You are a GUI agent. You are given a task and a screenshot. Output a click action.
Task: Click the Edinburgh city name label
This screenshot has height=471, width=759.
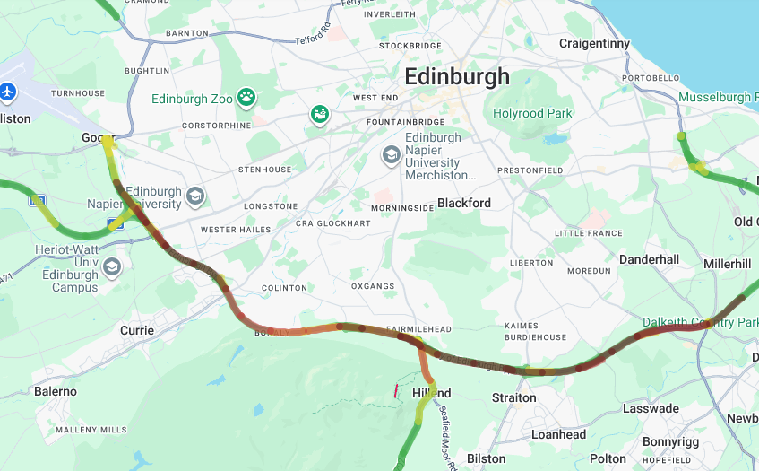[x=457, y=76]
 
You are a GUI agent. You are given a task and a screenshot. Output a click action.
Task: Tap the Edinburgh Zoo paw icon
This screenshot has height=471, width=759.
[x=246, y=97]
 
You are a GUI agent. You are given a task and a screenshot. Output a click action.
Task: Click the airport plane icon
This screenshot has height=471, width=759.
[x=9, y=92]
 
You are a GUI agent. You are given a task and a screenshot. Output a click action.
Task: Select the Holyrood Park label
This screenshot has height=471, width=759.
[x=532, y=114]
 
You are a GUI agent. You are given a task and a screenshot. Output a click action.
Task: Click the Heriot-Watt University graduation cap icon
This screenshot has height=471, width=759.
[x=111, y=266]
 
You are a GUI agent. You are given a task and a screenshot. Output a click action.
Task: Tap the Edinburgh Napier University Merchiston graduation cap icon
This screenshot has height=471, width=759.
[x=391, y=155]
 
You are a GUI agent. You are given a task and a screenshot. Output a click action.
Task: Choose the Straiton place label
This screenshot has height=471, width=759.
[x=514, y=397]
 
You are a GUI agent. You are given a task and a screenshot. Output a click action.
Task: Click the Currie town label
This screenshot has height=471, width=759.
[x=137, y=330]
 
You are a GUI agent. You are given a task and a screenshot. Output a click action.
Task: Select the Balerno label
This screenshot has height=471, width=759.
[x=56, y=391]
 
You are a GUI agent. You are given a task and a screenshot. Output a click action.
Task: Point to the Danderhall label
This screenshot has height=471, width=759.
[x=649, y=259]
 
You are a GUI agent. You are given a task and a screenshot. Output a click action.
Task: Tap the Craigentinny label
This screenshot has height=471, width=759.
[x=594, y=43]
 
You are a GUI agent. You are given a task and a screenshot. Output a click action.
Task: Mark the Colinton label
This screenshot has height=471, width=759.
[x=284, y=288]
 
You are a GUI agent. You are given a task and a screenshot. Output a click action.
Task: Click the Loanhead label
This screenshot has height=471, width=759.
[x=559, y=434]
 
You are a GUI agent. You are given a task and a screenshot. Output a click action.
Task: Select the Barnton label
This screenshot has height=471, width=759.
[x=187, y=33]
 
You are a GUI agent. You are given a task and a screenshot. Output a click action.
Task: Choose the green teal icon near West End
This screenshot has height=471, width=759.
[x=320, y=114]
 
